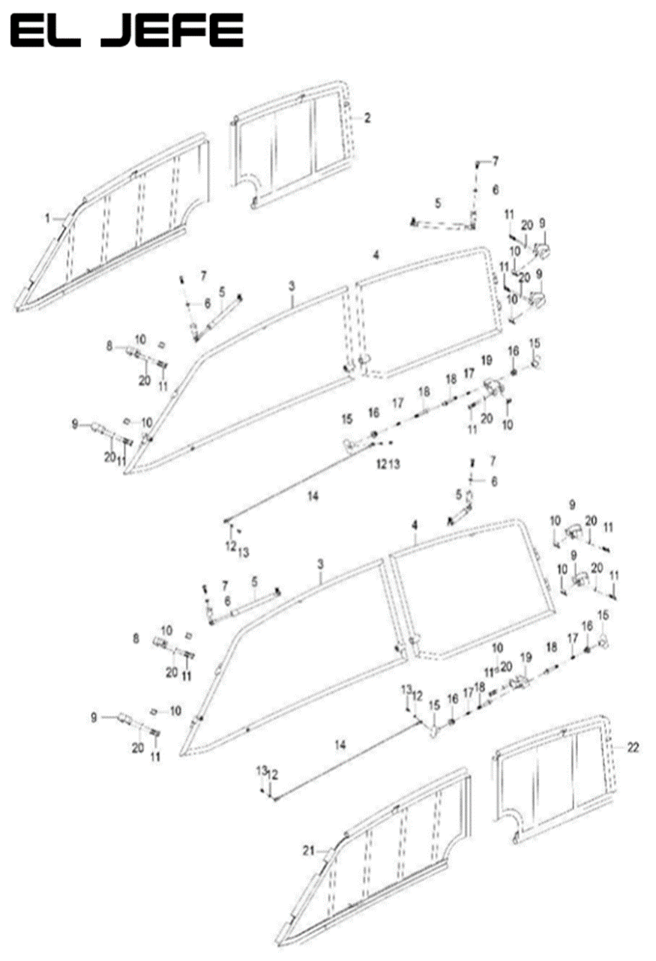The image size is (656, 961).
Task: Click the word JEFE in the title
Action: coord(172,31)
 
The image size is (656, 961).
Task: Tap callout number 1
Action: coord(46,218)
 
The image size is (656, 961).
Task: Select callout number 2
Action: coord(367,118)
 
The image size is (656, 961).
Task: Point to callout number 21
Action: coord(307,849)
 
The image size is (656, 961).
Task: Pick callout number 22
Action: coord(634,747)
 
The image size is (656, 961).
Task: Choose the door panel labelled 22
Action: coord(555,780)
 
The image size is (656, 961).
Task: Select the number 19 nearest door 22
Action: coord(526,657)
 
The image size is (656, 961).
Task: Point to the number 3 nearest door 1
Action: coord(292,286)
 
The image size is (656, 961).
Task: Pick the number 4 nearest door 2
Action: coord(376,256)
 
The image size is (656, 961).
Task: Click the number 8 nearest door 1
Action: coord(109,346)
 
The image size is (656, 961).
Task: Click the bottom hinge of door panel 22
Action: coord(515,837)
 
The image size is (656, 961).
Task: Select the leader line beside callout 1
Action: coord(59,219)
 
